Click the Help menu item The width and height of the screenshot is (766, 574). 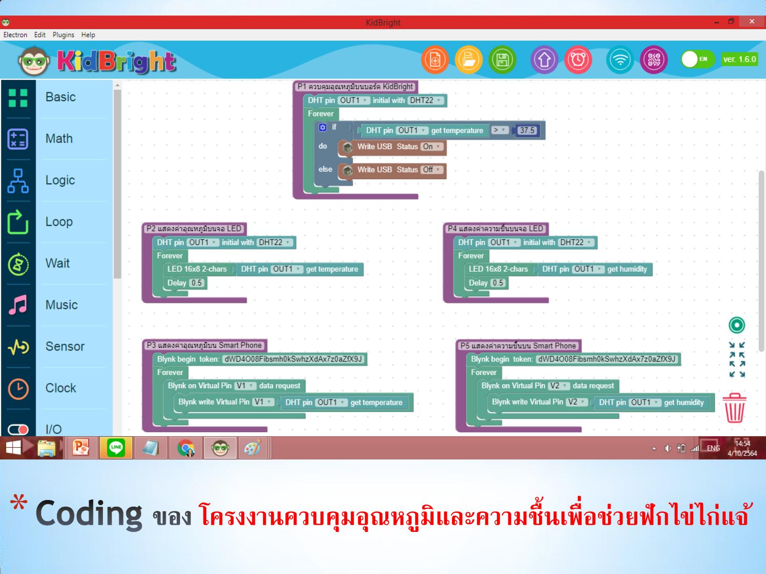coord(88,35)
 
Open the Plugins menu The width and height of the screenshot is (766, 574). coord(63,35)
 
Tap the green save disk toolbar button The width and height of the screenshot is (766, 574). coord(502,60)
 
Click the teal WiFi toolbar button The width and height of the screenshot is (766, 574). coord(620,60)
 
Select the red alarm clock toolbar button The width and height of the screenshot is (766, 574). coord(578,60)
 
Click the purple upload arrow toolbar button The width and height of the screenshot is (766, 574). coord(544,60)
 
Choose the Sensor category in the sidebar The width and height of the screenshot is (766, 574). coord(65,346)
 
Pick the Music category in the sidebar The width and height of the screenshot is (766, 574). coord(61,305)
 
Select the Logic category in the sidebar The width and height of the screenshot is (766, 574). coord(60,180)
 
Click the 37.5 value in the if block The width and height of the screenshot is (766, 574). coord(527,130)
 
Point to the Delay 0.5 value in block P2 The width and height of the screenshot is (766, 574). coord(196,283)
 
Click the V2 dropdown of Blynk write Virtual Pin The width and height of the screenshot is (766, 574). coord(576,402)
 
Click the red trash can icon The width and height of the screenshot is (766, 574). coord(734,408)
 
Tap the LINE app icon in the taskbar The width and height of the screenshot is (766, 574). coord(116,448)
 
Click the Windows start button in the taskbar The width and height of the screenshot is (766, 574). coord(13,448)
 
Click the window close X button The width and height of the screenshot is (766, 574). coord(752,22)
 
